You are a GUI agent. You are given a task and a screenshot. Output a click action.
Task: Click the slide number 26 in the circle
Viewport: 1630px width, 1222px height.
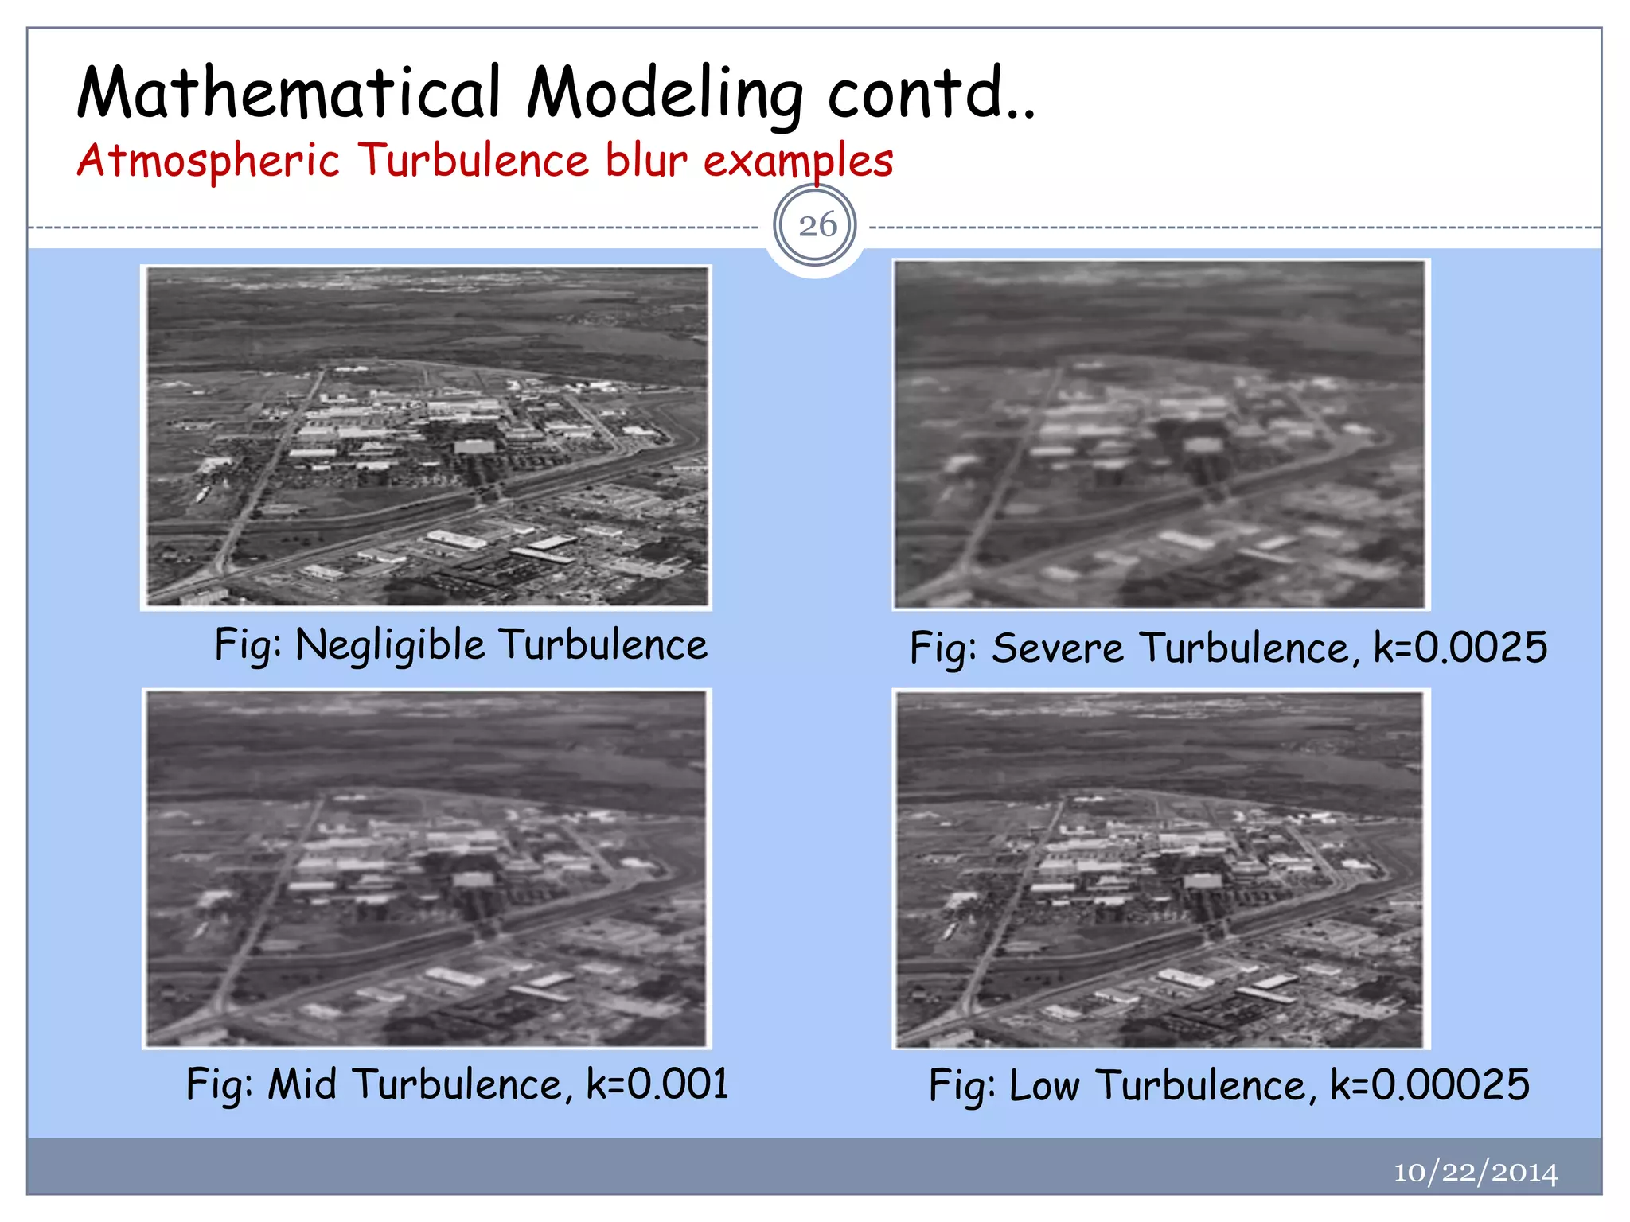(817, 226)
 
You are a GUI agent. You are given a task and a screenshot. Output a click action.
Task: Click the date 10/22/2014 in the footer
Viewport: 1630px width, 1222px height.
(1475, 1172)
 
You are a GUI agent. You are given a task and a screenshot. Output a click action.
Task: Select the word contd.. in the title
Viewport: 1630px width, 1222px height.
(931, 93)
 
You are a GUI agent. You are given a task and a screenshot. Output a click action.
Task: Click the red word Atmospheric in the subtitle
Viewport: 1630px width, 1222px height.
(209, 162)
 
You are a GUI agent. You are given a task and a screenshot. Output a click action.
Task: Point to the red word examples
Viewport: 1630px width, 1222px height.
(798, 162)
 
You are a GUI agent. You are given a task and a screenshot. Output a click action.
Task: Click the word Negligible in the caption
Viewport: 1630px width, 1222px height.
(389, 644)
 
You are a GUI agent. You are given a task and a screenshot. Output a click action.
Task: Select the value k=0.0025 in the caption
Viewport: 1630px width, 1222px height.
(1460, 647)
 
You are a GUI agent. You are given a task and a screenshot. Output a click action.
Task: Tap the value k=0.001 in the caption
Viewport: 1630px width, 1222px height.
(657, 1084)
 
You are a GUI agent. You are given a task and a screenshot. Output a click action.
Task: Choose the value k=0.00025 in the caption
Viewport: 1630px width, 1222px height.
(1429, 1085)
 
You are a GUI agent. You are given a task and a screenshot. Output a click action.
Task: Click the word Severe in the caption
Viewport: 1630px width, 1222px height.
(1057, 648)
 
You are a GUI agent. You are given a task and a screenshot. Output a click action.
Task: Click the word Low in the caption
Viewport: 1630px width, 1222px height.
(1043, 1085)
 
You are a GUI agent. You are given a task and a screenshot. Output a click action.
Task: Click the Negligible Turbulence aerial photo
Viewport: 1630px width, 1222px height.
(427, 438)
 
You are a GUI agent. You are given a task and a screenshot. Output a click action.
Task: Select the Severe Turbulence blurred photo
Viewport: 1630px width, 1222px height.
(1160, 434)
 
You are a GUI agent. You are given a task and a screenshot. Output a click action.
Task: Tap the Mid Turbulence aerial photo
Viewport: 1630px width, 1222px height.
(427, 869)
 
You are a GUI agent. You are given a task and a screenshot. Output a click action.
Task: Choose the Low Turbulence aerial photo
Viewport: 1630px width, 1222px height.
(1160, 869)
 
